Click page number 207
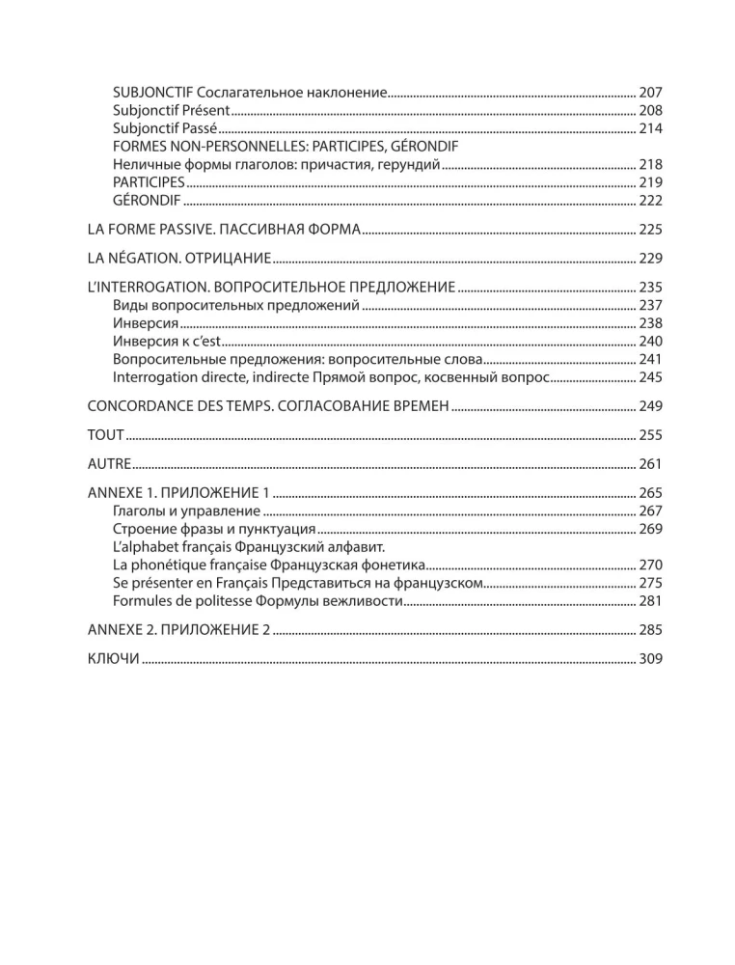pos(650,92)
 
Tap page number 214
pos(650,128)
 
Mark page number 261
pos(650,464)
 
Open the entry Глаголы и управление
pos(186,510)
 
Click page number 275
pos(650,583)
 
